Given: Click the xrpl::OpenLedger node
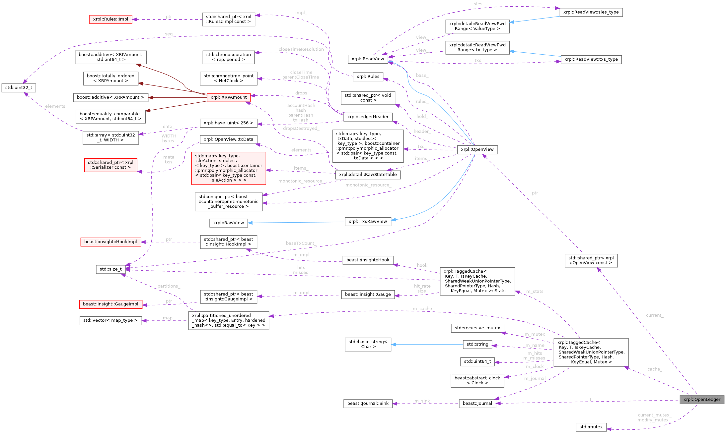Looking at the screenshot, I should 702,400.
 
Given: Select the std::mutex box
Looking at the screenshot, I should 591,427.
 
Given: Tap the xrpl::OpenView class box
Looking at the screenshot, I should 477,149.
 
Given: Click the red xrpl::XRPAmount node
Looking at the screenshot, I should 229,97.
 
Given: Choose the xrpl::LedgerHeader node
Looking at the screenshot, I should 368,117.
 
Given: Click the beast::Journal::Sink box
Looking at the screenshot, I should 368,404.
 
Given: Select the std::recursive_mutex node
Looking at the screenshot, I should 477,328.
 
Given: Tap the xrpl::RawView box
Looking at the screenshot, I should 229,223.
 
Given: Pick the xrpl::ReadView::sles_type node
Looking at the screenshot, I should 591,12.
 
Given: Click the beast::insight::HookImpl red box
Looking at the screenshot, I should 110,242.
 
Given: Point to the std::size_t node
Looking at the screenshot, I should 110,269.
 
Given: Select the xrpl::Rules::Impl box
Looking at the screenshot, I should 110,19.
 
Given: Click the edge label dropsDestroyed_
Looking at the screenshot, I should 301,129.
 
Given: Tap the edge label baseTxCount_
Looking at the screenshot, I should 301,244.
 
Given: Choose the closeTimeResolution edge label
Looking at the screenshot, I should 301,49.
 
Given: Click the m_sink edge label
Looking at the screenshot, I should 422,401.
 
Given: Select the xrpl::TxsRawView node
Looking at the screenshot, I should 368,222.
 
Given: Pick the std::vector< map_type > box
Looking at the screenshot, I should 110,321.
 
